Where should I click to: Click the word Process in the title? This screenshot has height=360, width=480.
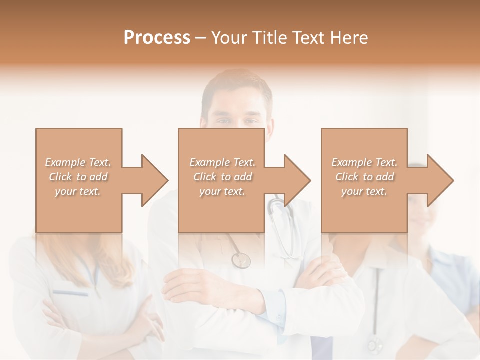coord(157,38)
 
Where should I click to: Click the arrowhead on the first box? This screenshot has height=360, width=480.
coord(150,180)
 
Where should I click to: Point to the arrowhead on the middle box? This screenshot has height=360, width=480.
coord(293,180)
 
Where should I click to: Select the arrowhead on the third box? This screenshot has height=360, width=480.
coord(436,180)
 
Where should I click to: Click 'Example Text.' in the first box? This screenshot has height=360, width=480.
coord(78,162)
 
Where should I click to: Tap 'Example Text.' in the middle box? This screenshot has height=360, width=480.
coord(222,162)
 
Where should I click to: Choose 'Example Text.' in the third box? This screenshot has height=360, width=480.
coord(364,162)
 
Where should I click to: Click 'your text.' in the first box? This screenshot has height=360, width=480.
coord(78,191)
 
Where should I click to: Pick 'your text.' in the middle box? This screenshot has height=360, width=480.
coord(222,191)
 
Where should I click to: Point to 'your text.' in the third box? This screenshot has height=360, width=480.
coord(364,191)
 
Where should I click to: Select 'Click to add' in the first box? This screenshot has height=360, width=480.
coord(78,177)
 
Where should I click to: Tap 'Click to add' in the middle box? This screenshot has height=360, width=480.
coord(222,177)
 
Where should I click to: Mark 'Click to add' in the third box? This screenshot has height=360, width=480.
coord(364,177)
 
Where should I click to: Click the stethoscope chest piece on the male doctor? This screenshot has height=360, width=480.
coord(241,260)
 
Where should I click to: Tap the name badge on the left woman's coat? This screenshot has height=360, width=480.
coord(70,293)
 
